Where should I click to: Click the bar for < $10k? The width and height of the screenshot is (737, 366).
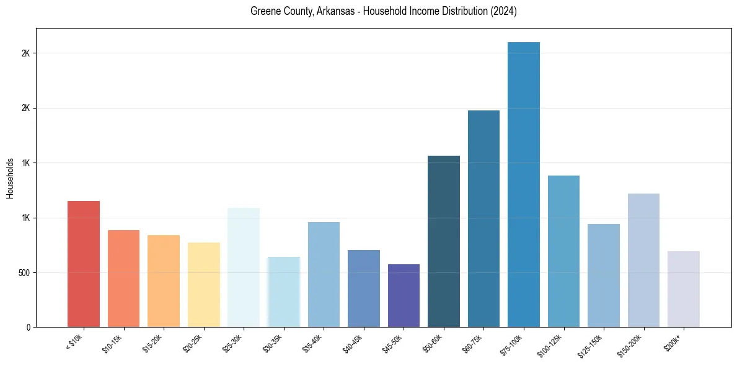84,264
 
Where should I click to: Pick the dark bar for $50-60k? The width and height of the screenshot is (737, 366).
444,241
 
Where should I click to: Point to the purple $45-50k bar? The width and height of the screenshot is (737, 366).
404,295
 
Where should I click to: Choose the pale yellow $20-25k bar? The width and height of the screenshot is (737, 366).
204,285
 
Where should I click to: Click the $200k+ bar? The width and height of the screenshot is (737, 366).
684,289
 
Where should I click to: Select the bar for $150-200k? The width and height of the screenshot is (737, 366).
643,260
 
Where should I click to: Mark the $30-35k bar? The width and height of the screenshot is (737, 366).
284,292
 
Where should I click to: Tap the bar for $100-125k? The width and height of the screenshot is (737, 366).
563,251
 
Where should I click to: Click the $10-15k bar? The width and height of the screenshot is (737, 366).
124,279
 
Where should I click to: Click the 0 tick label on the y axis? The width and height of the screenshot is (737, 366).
29,327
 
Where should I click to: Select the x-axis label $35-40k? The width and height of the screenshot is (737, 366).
317,344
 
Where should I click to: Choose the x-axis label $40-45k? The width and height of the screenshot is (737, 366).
356,344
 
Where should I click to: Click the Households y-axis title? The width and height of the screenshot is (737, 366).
10,177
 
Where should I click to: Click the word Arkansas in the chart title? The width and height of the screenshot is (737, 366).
325,11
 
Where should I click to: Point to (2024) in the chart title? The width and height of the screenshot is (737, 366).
505,11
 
